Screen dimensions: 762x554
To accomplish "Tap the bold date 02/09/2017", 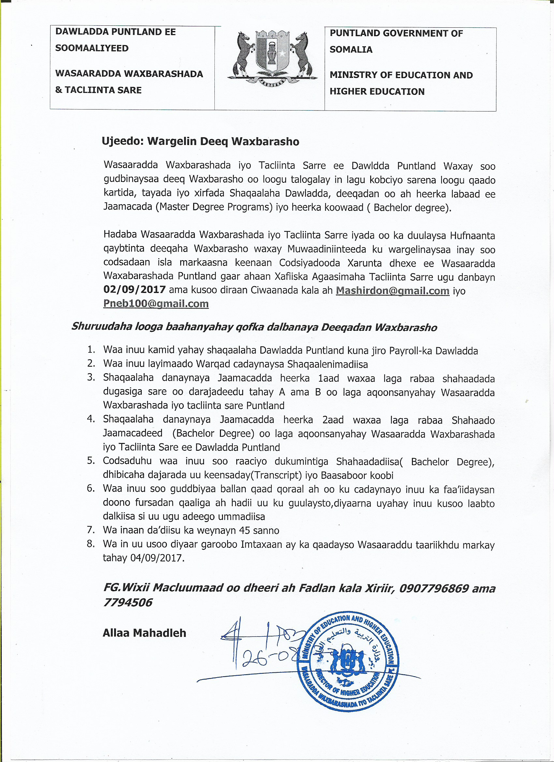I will point(134,290).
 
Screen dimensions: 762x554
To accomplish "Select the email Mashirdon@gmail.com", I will point(392,291).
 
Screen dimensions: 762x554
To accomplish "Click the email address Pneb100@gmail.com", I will point(156,304).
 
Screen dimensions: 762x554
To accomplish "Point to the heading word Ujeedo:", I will point(123,141).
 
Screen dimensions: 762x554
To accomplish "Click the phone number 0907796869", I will point(434,588).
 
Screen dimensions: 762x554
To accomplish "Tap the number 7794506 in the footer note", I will point(128,602).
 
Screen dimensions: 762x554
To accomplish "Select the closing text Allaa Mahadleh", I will point(144,633).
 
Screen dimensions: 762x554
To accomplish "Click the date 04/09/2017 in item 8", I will point(156,558).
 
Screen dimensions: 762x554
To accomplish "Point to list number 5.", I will point(91,461).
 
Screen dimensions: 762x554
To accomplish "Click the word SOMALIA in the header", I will point(351,50).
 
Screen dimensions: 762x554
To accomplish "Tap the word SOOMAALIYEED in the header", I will point(92,48).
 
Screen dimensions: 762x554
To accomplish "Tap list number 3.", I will point(91,377).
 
